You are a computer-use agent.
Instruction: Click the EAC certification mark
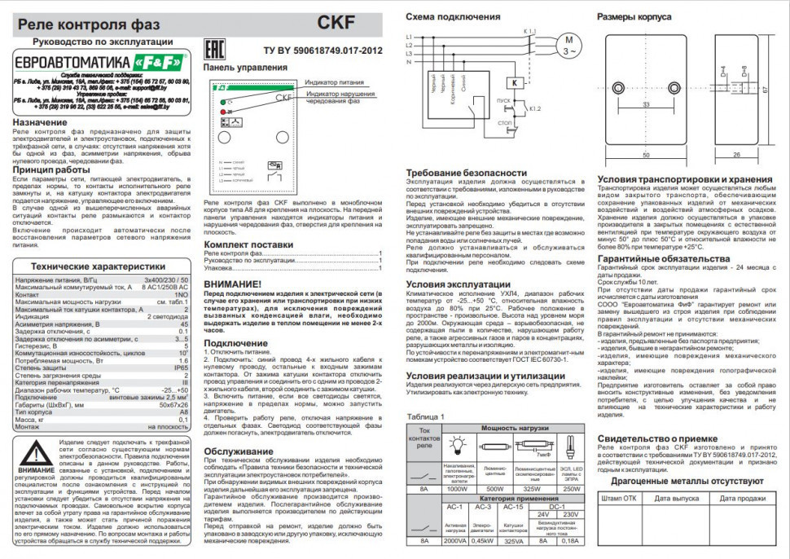click(x=221, y=48)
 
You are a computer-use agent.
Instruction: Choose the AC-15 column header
click(x=513, y=506)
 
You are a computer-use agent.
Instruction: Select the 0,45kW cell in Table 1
click(x=483, y=539)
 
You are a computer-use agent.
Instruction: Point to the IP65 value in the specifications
click(x=183, y=368)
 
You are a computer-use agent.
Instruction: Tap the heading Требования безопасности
click(x=460, y=173)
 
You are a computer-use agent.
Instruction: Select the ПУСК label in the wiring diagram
click(x=503, y=101)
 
